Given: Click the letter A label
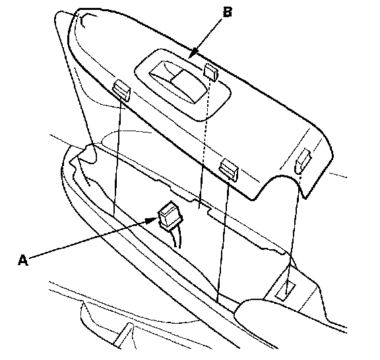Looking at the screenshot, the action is point(23,260).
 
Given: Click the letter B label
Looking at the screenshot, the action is point(228,12).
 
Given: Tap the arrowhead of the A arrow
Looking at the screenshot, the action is point(152,220).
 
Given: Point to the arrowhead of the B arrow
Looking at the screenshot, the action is point(193,54).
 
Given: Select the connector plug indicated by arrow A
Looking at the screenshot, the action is point(169,215).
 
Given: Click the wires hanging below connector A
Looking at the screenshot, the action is point(176,238).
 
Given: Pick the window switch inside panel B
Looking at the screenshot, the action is point(178,82).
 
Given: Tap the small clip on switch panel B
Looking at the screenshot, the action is point(210,71).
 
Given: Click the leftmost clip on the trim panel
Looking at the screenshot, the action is point(121,90).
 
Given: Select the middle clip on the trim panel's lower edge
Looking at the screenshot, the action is point(228,169).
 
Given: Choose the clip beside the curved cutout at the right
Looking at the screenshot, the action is point(302,160).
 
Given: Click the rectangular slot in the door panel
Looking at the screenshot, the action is point(285,291).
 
